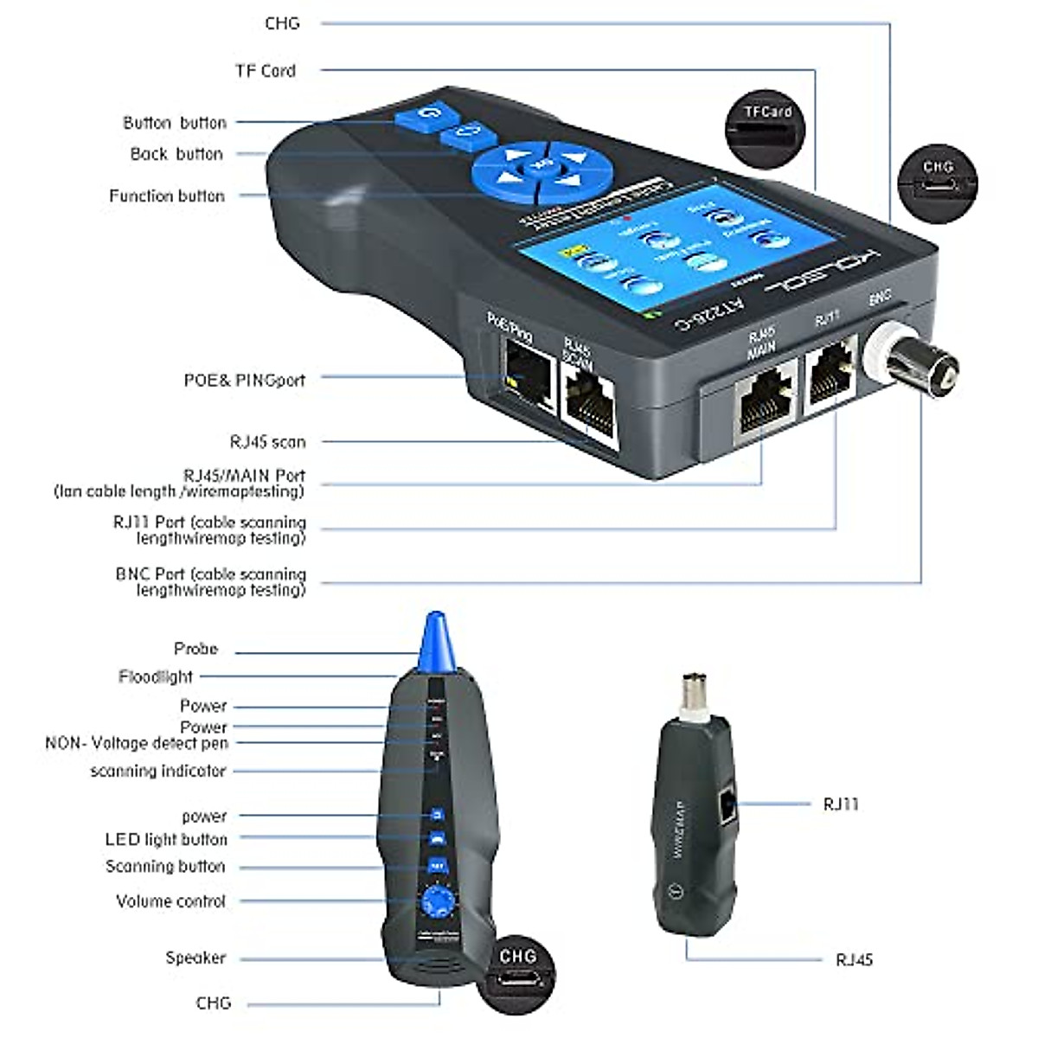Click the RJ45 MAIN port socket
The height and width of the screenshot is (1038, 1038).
(766, 401)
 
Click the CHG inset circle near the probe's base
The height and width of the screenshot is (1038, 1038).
(517, 972)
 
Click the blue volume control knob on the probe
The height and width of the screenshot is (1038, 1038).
(438, 902)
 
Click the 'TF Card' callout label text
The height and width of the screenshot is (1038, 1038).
(265, 71)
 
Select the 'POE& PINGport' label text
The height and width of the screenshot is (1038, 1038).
(244, 380)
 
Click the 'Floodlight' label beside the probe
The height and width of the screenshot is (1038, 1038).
(156, 676)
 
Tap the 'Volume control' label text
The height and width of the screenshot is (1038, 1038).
(170, 901)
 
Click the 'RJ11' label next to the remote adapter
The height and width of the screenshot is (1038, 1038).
(841, 804)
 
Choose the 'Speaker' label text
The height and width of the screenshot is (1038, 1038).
(195, 958)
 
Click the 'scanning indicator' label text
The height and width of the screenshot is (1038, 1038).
(157, 771)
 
